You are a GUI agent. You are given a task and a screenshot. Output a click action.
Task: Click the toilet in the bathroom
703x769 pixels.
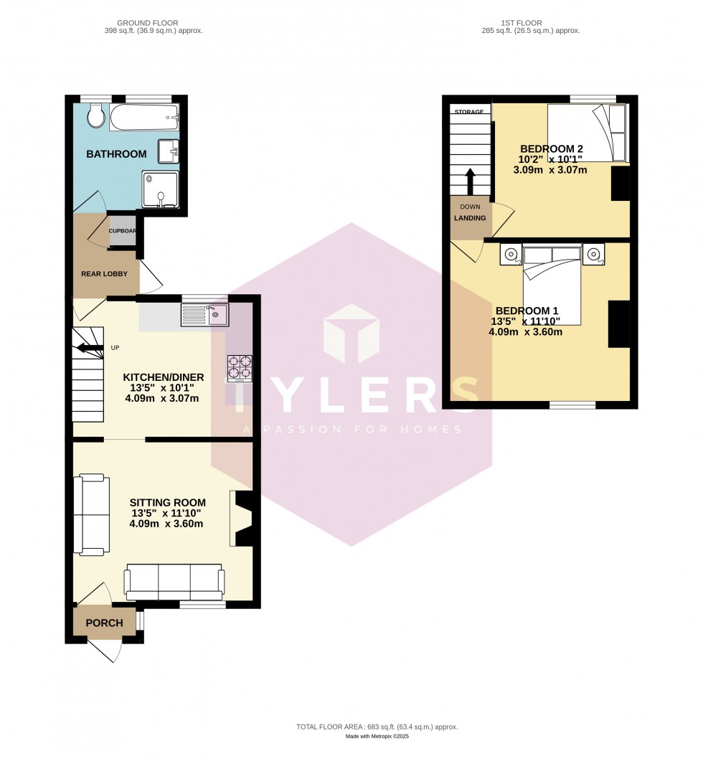(x=96, y=115)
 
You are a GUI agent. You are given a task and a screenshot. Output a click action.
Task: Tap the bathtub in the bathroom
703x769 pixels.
(x=143, y=117)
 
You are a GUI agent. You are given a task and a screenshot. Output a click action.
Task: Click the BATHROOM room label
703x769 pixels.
(x=116, y=154)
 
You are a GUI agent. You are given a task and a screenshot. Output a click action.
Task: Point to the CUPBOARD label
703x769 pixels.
(x=122, y=231)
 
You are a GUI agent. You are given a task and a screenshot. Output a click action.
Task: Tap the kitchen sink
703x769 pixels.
(x=204, y=314)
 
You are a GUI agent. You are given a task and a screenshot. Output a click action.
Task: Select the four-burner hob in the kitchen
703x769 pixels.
(x=240, y=368)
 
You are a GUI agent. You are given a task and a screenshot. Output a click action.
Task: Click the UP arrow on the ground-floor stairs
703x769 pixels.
(x=89, y=349)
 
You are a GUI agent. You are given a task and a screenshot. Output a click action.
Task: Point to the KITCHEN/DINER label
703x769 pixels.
(x=164, y=377)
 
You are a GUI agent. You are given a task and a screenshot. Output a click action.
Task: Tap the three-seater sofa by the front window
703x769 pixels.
(x=174, y=582)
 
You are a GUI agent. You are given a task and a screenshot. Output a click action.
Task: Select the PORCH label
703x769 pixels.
(x=104, y=623)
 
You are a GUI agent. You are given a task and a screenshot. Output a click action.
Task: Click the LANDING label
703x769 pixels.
(x=470, y=218)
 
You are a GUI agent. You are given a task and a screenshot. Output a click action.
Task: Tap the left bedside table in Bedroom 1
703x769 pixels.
(x=511, y=254)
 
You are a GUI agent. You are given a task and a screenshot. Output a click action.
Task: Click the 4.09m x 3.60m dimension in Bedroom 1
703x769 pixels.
(x=525, y=331)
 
